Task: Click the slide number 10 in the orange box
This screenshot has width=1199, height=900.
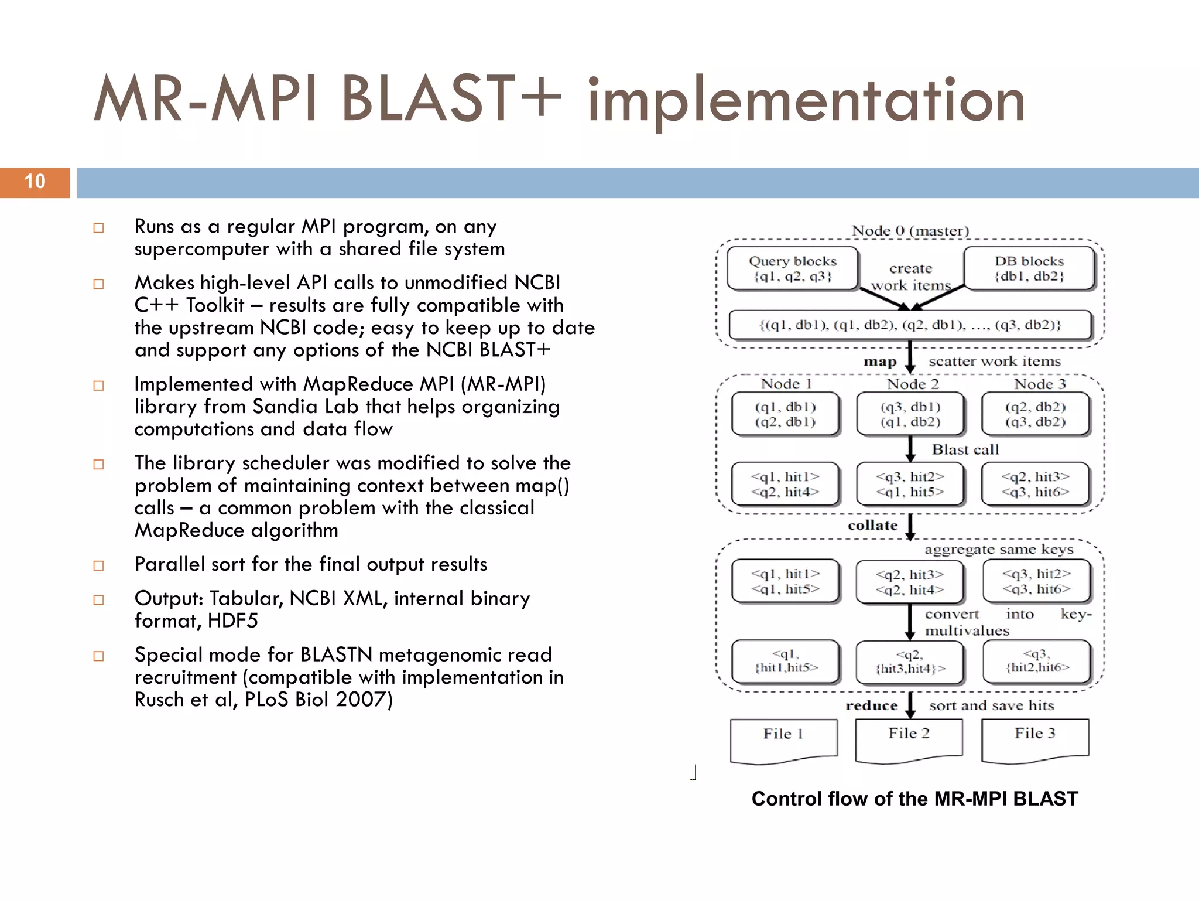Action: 35,182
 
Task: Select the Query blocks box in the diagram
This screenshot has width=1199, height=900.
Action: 793,268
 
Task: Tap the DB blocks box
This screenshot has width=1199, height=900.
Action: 1029,268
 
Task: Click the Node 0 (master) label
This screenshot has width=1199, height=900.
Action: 910,231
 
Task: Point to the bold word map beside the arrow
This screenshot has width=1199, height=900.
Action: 880,362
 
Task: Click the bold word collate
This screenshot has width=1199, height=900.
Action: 872,526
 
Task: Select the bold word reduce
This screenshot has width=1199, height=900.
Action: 871,705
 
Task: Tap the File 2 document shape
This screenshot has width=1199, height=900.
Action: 909,739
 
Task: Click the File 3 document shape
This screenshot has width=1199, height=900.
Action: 1034,739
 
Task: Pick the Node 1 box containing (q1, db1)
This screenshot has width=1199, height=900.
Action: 785,414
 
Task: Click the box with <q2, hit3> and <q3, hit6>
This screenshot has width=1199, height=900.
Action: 1035,484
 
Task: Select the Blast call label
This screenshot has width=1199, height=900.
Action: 965,449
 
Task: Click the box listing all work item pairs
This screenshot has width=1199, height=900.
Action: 910,325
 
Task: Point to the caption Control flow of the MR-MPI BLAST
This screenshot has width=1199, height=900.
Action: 914,799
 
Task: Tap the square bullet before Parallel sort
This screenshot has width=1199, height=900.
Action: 99,565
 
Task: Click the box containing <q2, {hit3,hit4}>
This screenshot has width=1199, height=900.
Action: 910,662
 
